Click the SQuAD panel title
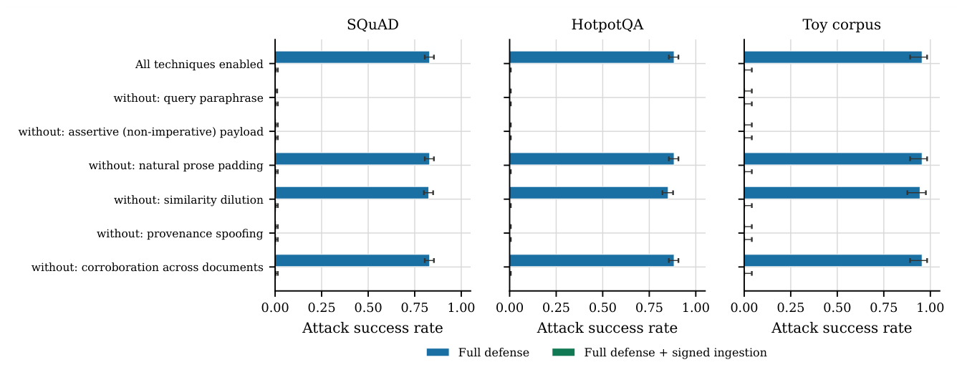pos(372,24)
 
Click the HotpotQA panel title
pos(607,24)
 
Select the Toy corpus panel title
pos(842,24)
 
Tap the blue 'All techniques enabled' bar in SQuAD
pos(352,57)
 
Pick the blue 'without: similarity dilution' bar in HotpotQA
pos(589,193)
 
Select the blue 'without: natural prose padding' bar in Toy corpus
pos(833,158)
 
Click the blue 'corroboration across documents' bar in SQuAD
pos(352,260)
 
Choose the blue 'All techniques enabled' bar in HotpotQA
pos(592,57)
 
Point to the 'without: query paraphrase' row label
pos(188,98)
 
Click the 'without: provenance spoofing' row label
pos(180,234)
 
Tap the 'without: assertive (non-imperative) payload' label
pos(141,131)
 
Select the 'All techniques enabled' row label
pos(199,64)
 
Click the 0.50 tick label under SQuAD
pos(368,308)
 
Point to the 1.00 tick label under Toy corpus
pos(930,308)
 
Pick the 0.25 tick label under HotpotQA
pos(556,308)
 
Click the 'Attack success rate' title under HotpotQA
pos(607,328)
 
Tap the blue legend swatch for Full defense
pos(438,353)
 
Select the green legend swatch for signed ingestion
pos(563,353)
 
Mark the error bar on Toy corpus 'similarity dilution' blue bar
pos(916,193)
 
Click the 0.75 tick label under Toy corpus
pos(884,308)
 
